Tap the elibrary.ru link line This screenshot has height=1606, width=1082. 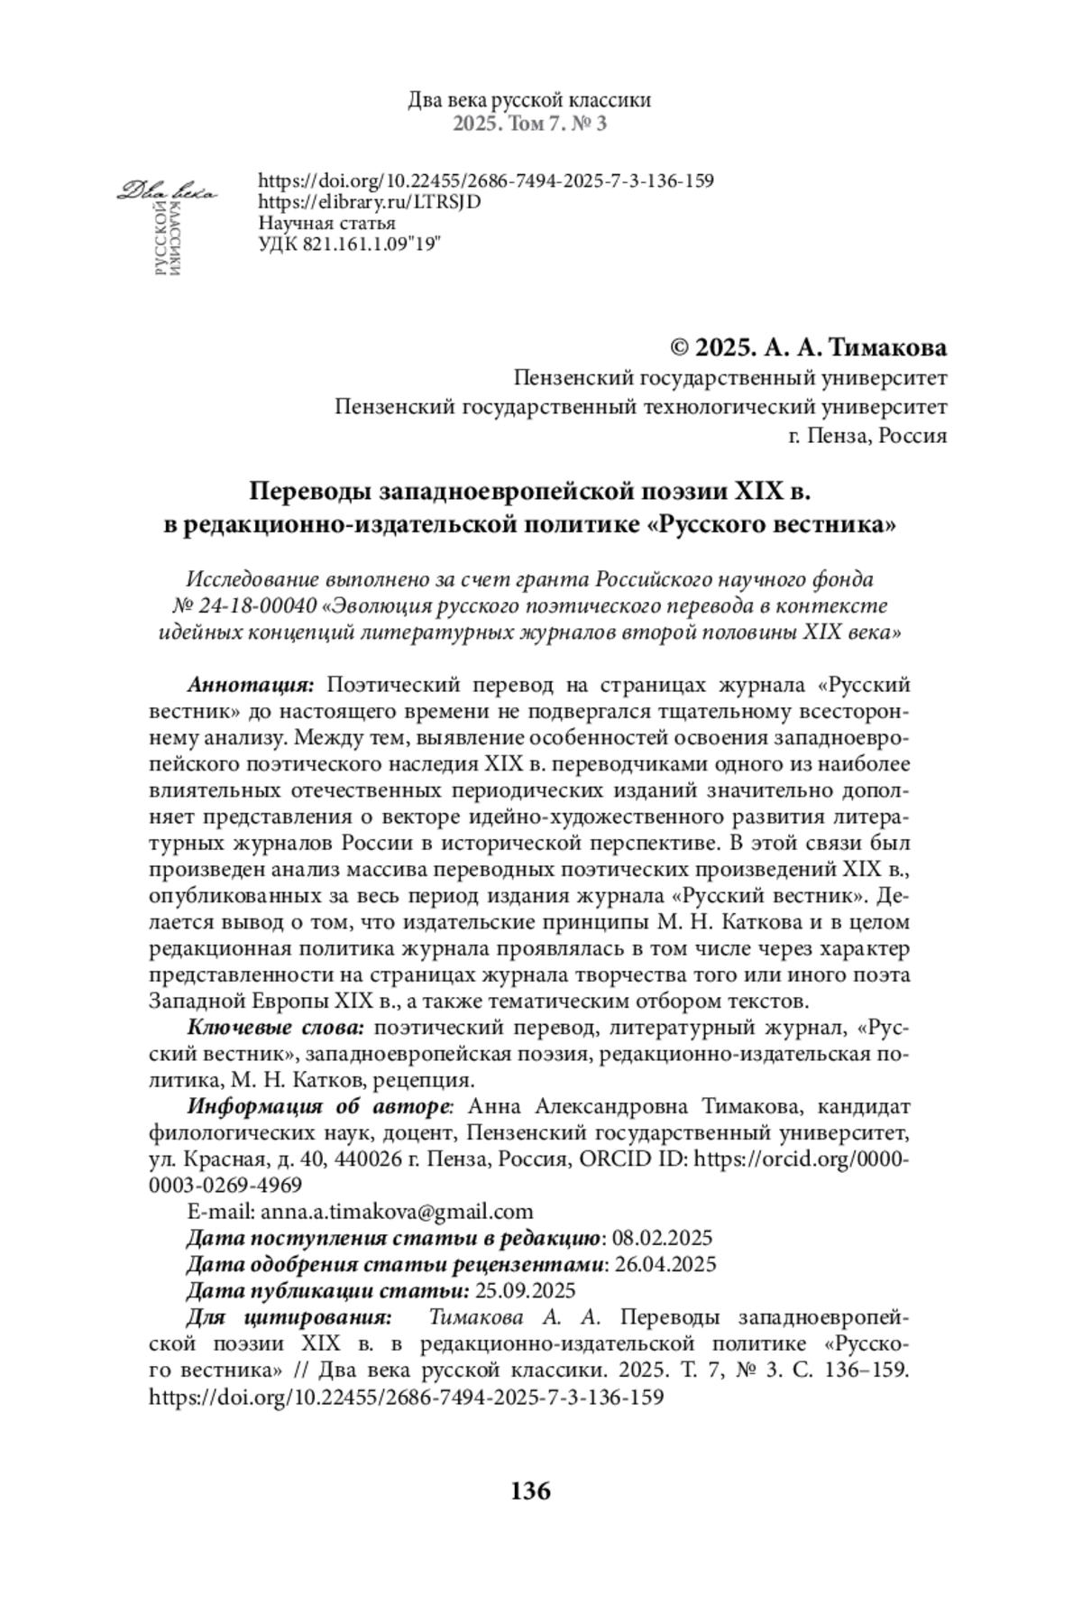(370, 201)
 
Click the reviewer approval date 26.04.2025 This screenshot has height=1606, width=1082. (665, 1263)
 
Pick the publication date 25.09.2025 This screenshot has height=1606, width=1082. (524, 1289)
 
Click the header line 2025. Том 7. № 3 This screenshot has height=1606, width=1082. (529, 124)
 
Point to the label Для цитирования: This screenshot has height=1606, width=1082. (289, 1316)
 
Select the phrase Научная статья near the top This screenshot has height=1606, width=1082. (326, 223)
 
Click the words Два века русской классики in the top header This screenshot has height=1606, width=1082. (529, 100)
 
